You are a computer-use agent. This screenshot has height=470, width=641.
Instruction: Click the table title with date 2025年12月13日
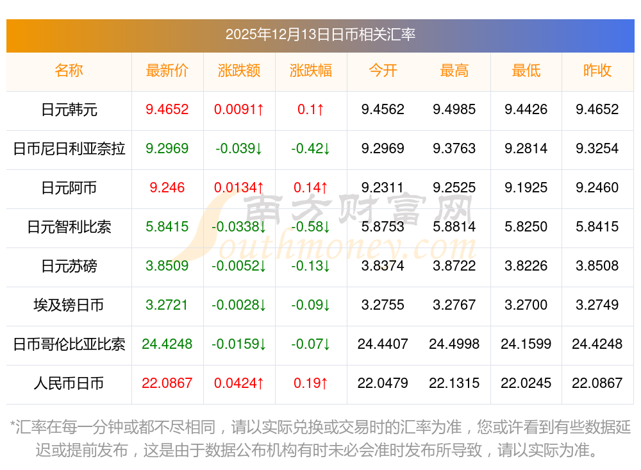[320, 34]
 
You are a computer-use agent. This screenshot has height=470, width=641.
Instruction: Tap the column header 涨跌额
[239, 71]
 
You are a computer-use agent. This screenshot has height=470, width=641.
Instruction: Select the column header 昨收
[597, 71]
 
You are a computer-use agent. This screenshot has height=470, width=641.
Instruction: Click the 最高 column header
[454, 71]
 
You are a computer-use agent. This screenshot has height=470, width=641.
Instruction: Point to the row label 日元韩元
[69, 110]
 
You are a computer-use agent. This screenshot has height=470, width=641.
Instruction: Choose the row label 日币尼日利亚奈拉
[69, 149]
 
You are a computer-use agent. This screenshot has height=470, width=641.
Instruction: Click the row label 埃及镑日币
[69, 305]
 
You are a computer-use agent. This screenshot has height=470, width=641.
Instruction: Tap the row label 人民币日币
[69, 383]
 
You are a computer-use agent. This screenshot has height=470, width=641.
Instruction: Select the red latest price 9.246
[167, 188]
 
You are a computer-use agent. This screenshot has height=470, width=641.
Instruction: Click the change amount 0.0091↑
[239, 110]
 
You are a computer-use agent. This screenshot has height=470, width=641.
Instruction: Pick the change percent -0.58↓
[311, 227]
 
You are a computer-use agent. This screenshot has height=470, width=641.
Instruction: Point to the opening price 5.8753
[383, 227]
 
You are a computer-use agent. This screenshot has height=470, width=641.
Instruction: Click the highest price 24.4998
[454, 344]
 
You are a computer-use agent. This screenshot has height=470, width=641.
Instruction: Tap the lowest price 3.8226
[526, 266]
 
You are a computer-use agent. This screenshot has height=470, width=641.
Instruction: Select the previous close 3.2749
[597, 305]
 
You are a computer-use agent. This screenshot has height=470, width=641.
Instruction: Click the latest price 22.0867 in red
[167, 383]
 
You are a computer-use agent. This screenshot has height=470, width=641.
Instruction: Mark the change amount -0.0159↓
[239, 344]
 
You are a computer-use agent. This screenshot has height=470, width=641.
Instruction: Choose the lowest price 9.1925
[526, 188]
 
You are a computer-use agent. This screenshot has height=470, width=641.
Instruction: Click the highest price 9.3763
[454, 149]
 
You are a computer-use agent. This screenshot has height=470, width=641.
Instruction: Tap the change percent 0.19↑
[311, 383]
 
